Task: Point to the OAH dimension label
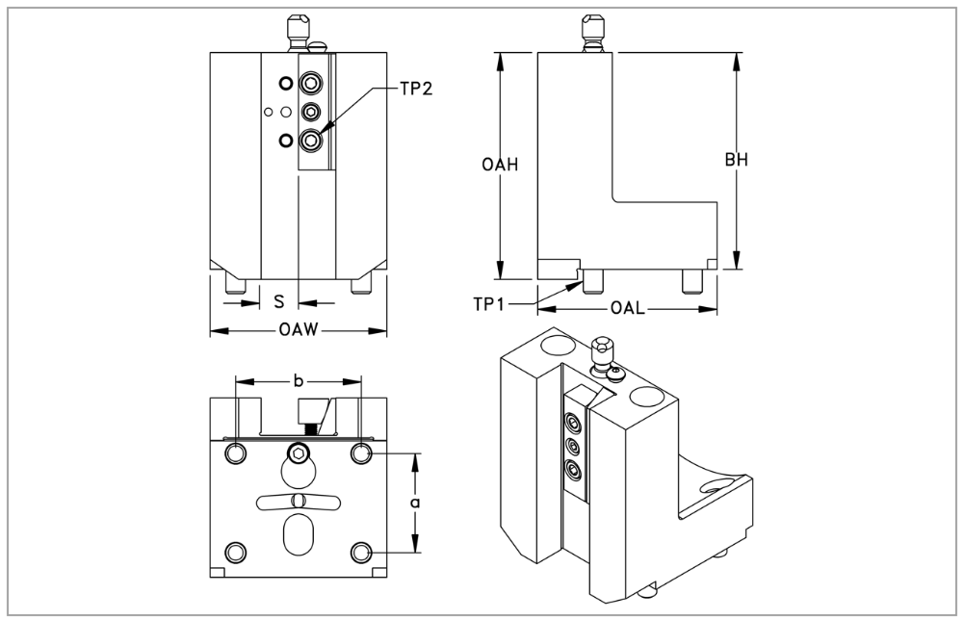[x=501, y=165]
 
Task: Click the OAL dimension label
[x=626, y=309]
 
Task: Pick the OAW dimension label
[x=299, y=331]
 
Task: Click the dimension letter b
[x=299, y=381]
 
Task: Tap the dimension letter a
[x=414, y=503]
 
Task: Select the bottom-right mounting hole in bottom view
[x=361, y=552]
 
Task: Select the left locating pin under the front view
[x=236, y=284]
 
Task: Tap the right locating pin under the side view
[x=690, y=280]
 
